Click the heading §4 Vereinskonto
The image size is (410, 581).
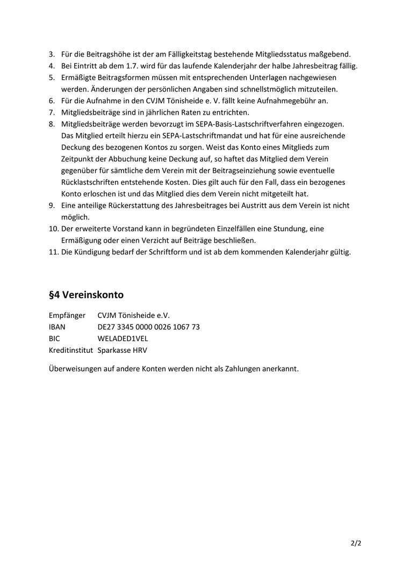tap(86, 295)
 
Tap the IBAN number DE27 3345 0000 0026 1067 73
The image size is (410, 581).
tap(149, 327)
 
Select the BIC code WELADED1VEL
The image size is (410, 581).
tap(123, 338)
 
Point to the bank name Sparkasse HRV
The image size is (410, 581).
tap(123, 350)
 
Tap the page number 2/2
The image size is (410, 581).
tap(356, 543)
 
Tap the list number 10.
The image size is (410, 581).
tap(53, 229)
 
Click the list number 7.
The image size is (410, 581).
tap(52, 112)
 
